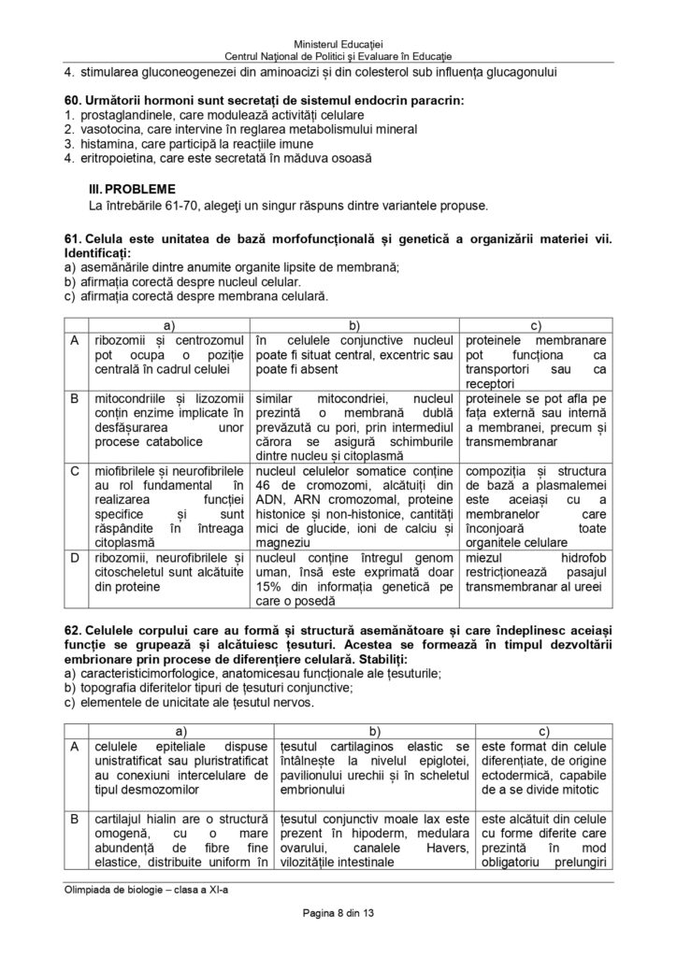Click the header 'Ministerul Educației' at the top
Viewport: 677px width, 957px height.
pos(338,45)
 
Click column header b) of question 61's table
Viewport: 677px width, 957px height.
pos(355,324)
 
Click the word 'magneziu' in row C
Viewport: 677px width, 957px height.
pos(281,542)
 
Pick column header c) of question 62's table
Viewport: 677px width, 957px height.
pos(543,728)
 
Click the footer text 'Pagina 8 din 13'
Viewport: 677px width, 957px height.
pos(338,913)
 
